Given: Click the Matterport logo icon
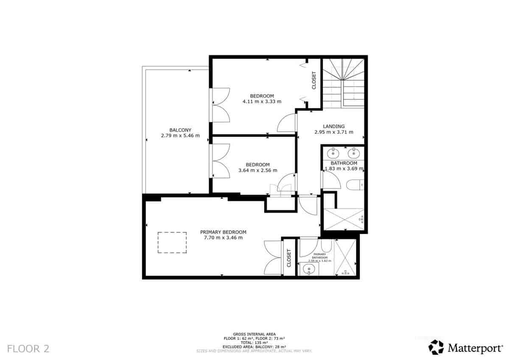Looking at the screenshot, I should [x=436, y=347].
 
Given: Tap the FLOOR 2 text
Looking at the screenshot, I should [x=28, y=349].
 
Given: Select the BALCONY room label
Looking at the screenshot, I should [x=180, y=130].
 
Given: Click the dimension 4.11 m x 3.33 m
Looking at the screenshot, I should [x=262, y=101].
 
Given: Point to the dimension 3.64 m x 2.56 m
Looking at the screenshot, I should [x=257, y=171].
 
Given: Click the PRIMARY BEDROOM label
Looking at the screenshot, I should [x=223, y=232].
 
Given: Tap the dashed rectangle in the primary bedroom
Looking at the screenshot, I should [x=172, y=242].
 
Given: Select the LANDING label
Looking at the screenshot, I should [x=334, y=126].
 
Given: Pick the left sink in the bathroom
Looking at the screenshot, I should [x=334, y=152].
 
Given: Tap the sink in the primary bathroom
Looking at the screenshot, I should [x=309, y=269].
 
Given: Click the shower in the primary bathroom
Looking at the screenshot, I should [x=346, y=258].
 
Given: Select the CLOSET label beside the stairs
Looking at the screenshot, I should [x=314, y=80].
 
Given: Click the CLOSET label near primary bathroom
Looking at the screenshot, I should [x=289, y=258].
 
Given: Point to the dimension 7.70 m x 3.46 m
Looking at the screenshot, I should [x=223, y=238].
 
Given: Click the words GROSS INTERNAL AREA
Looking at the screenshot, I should [x=254, y=334].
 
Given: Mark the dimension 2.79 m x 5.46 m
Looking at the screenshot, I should [x=180, y=135].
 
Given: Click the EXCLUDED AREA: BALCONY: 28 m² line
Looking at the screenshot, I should [x=254, y=346].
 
